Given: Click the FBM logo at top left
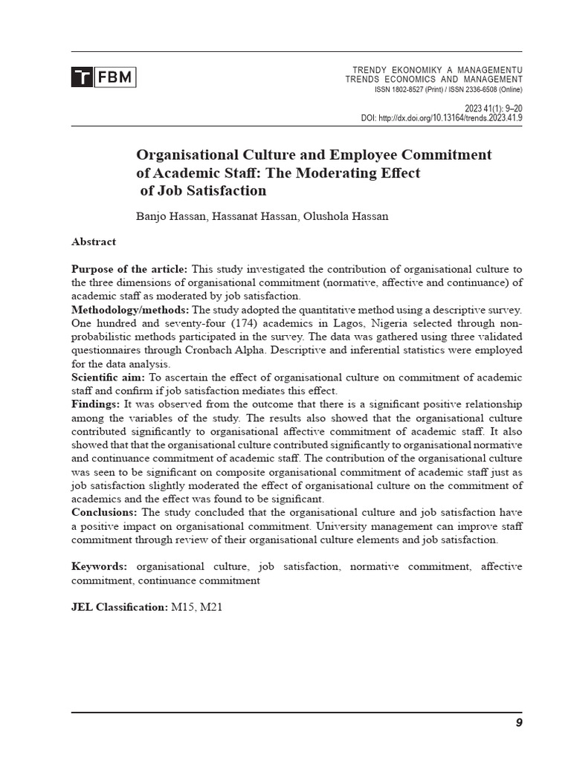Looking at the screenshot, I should pyautogui.click(x=103, y=77).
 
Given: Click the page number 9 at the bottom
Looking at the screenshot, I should pyautogui.click(x=518, y=723).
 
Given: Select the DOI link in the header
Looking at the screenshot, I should pyautogui.click(x=442, y=117).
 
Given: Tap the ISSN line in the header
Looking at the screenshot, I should pyautogui.click(x=448, y=90).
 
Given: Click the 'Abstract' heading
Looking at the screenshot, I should pyautogui.click(x=94, y=242).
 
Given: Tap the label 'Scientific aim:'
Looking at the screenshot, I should pyautogui.click(x=108, y=378).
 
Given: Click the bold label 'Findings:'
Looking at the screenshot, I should pyautogui.click(x=95, y=404).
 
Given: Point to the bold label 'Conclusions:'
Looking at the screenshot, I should pyautogui.click(x=104, y=513).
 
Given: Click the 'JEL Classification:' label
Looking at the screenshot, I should pyautogui.click(x=120, y=607).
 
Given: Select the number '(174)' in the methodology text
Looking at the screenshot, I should pyautogui.click(x=221, y=323).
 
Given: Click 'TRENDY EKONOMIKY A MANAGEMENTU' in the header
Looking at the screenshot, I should pyautogui.click(x=437, y=70).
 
